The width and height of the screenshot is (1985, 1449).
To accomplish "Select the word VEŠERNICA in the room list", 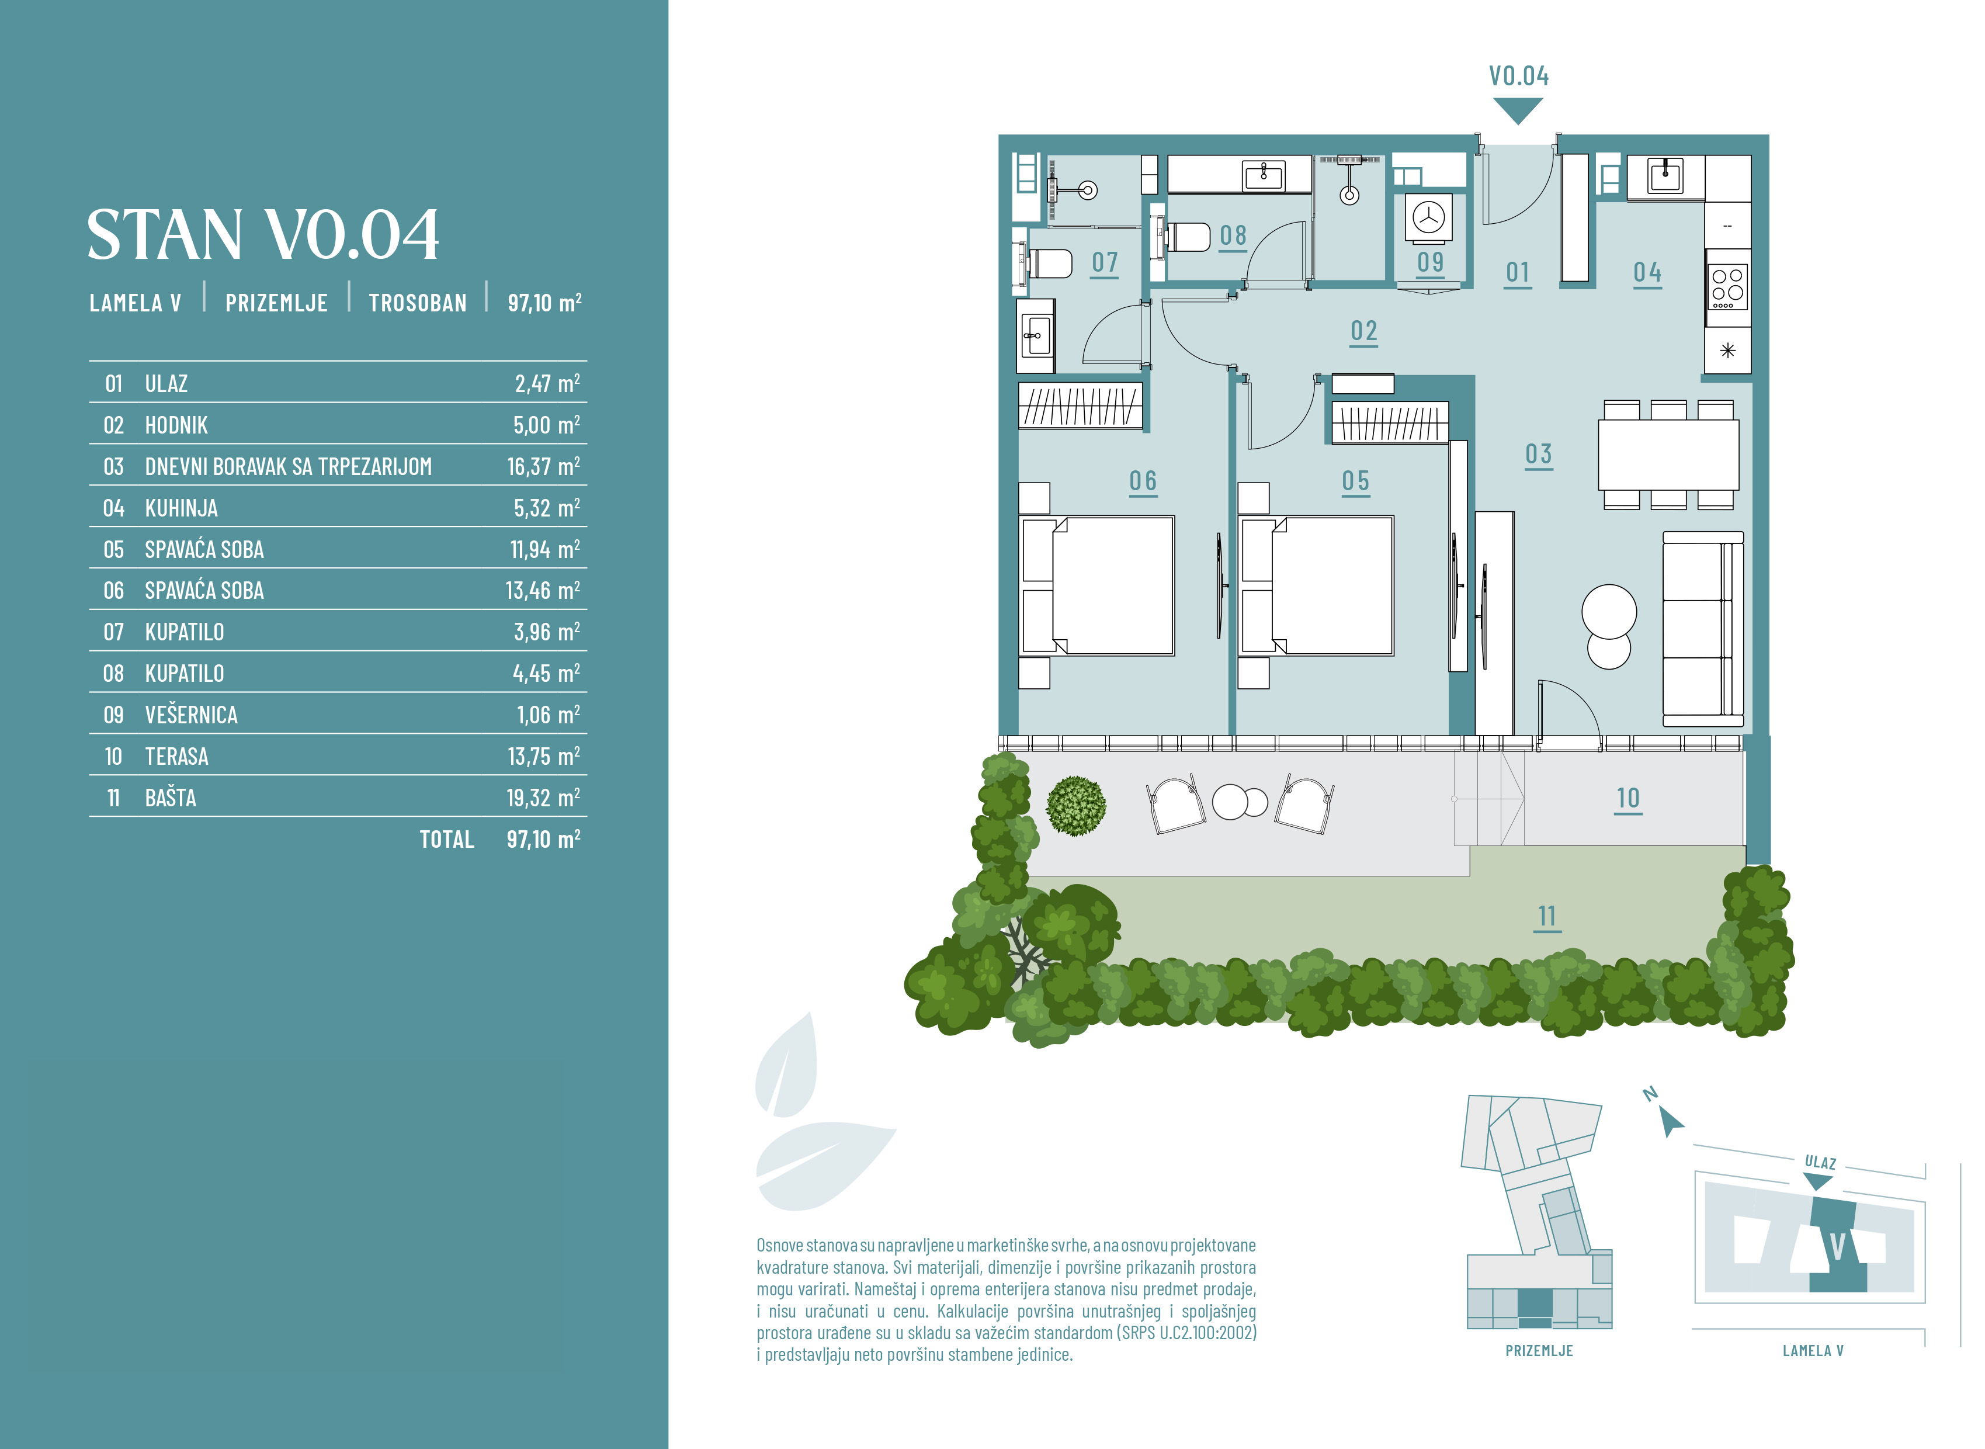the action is pos(191,715).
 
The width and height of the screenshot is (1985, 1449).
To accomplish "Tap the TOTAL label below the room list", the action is pos(447,840).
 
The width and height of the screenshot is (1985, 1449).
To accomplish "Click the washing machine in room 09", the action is pos(1428,217).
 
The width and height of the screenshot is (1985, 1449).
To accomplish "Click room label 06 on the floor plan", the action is pos(1143,481).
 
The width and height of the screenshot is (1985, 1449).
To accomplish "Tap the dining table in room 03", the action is pos(1668,455).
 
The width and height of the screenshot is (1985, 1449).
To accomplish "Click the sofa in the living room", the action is pos(1703,629).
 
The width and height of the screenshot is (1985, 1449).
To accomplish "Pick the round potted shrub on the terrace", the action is pos(1076,805).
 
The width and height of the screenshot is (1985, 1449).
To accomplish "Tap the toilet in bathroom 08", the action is pos(1185,237).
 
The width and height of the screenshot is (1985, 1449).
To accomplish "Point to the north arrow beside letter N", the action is pos(1671,1122).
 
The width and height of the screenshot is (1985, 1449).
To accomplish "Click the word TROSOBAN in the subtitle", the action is pos(417,303).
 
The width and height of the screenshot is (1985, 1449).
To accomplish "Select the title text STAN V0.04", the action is pos(263,234).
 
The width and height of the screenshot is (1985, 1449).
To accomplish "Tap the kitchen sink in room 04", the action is pos(1665,176).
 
